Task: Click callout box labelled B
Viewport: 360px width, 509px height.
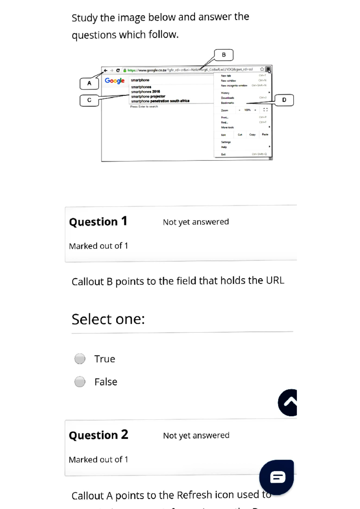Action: pyautogui.click(x=223, y=55)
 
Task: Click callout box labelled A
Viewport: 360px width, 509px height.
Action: pyautogui.click(x=89, y=83)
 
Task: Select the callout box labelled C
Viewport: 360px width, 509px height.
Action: pyautogui.click(x=89, y=100)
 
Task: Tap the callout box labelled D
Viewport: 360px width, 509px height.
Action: pyautogui.click(x=284, y=100)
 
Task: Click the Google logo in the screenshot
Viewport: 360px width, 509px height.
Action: pyautogui.click(x=114, y=81)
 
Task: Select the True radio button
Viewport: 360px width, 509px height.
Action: pyautogui.click(x=80, y=359)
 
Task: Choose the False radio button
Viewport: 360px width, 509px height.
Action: pyautogui.click(x=80, y=382)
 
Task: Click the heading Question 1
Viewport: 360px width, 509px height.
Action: pyautogui.click(x=98, y=222)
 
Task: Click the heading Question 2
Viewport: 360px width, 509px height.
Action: pyautogui.click(x=98, y=435)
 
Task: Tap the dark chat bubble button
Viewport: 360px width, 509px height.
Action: pyautogui.click(x=277, y=477)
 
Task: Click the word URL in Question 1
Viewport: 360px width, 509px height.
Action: pyautogui.click(x=275, y=280)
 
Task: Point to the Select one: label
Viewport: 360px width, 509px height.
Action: pyautogui.click(x=108, y=319)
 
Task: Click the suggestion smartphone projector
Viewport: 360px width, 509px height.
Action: pyautogui.click(x=148, y=96)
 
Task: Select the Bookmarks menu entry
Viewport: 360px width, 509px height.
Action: pyautogui.click(x=227, y=103)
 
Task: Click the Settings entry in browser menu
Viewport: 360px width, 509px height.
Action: pyautogui.click(x=226, y=142)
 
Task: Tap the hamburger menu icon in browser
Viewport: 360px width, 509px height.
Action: pyautogui.click(x=268, y=69)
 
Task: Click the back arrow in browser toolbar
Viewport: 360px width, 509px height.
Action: pyautogui.click(x=106, y=71)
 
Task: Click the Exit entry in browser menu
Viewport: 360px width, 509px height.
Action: pyautogui.click(x=223, y=154)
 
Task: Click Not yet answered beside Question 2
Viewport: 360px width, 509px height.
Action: pyautogui.click(x=196, y=435)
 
